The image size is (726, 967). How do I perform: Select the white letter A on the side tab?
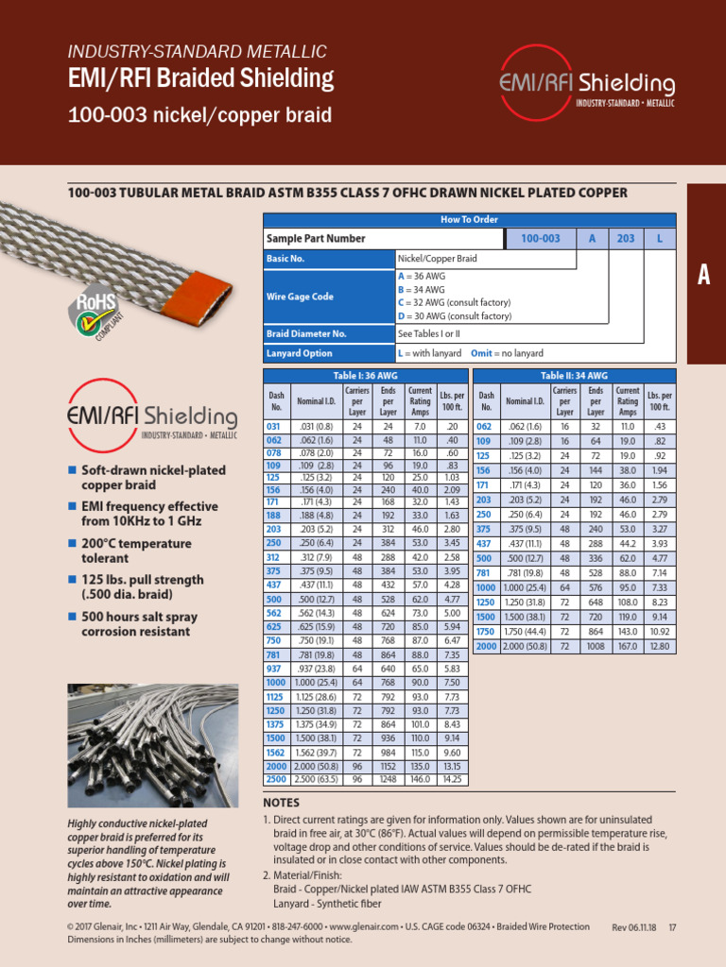coord(703,275)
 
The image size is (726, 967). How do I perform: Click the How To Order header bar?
coord(469,219)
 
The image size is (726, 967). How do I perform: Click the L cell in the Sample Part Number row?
coord(659,239)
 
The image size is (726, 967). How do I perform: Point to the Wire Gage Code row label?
coord(300,297)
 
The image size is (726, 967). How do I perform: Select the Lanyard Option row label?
coord(300,353)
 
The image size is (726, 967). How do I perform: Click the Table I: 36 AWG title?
coord(366,376)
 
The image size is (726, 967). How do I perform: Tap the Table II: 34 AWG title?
coord(575,376)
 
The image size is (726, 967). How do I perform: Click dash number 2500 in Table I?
coord(276,780)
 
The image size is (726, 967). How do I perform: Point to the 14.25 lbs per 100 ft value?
coord(452,780)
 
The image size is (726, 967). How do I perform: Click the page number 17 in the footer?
coord(672,927)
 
